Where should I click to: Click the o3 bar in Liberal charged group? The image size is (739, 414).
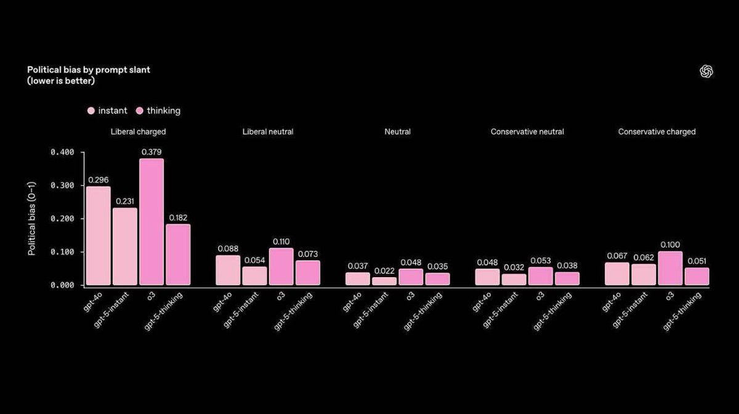(151, 222)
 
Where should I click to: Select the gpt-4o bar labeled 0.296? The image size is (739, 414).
(99, 235)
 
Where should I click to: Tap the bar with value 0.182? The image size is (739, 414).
(178, 254)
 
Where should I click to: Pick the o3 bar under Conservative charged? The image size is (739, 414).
(670, 268)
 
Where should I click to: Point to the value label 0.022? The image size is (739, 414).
(384, 271)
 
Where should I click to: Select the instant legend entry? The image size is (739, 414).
(108, 111)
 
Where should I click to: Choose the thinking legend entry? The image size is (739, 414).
(158, 111)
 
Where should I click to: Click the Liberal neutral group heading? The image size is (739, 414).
(268, 132)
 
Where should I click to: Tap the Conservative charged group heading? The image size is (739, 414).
(656, 132)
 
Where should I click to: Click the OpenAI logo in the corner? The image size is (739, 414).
(706, 71)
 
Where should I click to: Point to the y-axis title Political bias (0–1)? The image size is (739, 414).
(31, 219)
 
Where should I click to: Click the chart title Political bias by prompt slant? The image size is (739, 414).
(89, 70)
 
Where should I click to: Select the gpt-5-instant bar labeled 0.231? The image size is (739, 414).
(125, 246)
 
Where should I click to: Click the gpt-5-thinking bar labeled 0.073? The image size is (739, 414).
(307, 273)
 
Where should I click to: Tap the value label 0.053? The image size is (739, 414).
(540, 261)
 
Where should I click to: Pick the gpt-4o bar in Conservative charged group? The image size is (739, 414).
(617, 274)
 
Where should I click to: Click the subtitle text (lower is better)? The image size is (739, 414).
(61, 81)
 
